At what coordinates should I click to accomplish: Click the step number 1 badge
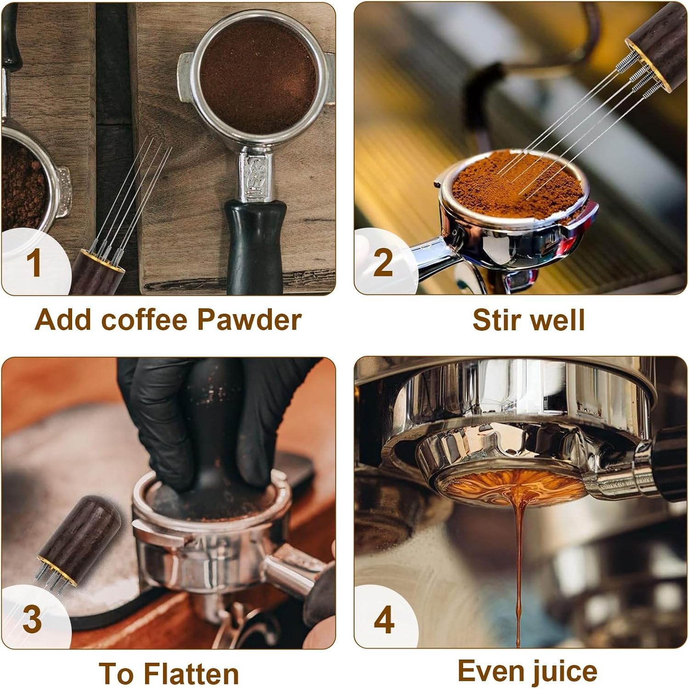click(33, 263)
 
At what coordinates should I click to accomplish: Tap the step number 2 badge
click(383, 262)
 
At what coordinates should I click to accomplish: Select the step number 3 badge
click(32, 619)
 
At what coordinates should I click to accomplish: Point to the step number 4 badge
click(384, 620)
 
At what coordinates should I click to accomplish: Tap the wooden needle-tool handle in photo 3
click(78, 529)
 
